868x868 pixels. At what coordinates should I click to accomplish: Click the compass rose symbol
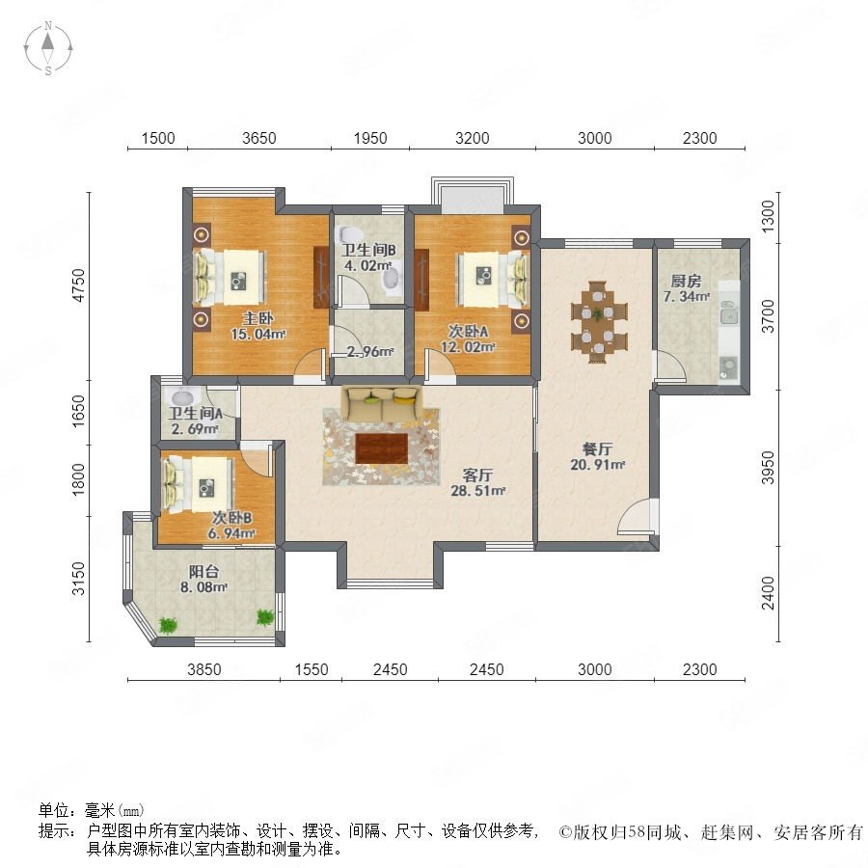(x=48, y=48)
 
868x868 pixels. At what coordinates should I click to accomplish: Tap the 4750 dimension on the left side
(x=80, y=285)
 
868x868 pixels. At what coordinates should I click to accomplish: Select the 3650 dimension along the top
(x=259, y=138)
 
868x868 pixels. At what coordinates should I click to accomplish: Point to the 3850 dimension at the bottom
(x=204, y=669)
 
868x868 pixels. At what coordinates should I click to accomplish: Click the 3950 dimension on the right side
(x=768, y=467)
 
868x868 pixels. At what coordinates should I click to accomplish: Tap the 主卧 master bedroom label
(x=258, y=318)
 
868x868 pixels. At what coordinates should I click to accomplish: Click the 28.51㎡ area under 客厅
(x=478, y=491)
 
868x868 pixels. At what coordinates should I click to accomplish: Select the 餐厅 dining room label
(x=597, y=448)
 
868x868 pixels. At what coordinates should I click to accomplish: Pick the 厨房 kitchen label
(x=686, y=281)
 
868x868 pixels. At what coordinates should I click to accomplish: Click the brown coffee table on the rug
(x=381, y=448)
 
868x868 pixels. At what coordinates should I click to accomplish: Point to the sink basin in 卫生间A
(x=183, y=396)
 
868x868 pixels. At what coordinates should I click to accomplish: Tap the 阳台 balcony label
(x=203, y=571)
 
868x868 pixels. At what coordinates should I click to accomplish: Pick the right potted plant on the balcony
(x=265, y=617)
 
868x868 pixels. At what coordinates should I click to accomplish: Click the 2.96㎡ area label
(x=369, y=351)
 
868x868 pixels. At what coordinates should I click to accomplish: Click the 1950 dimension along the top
(x=370, y=138)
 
